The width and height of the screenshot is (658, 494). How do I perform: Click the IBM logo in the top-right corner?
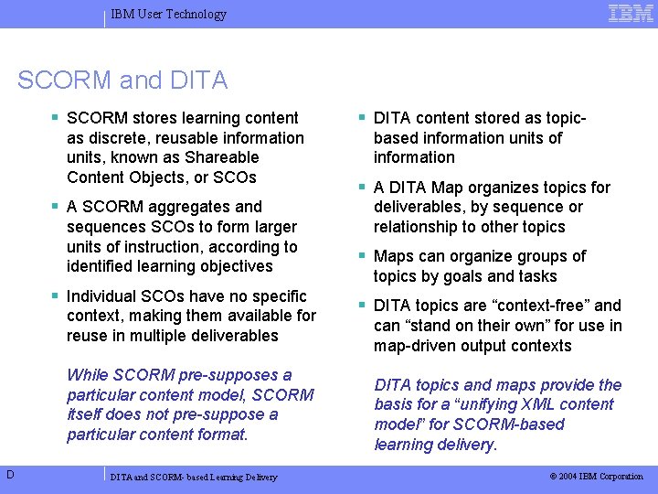630,13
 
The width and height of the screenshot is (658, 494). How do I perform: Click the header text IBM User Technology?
168,14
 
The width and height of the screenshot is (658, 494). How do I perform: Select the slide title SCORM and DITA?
122,81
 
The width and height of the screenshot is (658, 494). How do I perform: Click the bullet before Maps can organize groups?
363,256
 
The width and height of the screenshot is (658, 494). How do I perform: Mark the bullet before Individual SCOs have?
56,296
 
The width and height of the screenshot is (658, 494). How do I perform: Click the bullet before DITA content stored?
363,118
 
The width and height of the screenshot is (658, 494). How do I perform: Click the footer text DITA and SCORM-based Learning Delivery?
194,477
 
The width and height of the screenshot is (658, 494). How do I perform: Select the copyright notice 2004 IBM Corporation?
596,476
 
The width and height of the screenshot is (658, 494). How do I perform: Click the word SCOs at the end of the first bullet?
237,177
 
